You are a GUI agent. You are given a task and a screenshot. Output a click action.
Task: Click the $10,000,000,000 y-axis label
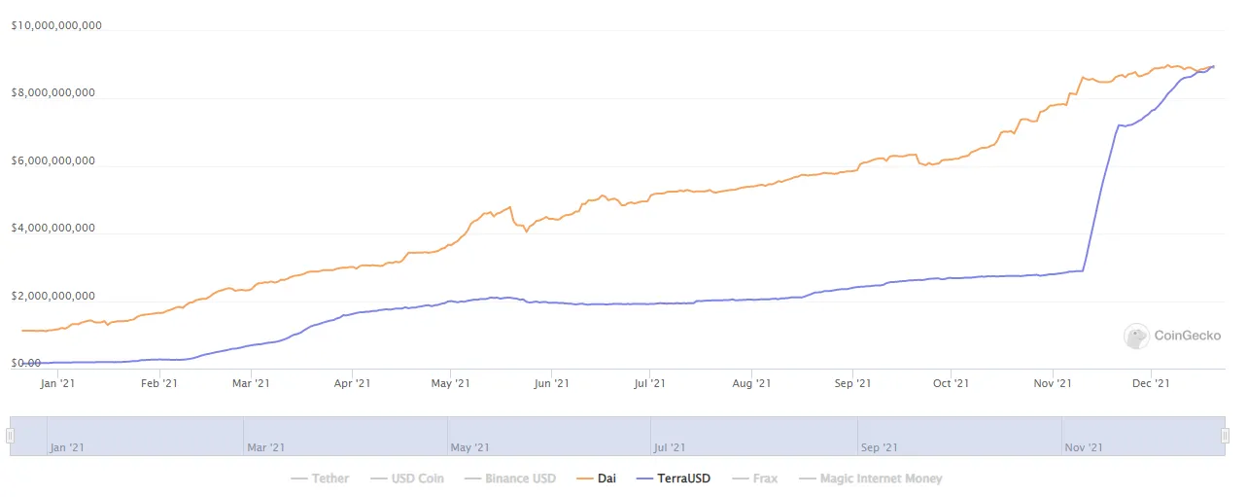pyautogui.click(x=55, y=26)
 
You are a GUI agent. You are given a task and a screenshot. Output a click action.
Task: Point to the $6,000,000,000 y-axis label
pyautogui.click(x=52, y=161)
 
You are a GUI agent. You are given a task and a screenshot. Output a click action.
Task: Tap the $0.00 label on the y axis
pyautogui.click(x=26, y=364)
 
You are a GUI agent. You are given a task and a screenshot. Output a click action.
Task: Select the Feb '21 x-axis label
pyautogui.click(x=158, y=384)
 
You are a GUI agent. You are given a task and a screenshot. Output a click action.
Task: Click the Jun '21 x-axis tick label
pyautogui.click(x=551, y=384)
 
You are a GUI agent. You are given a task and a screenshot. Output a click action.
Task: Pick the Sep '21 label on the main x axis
pyautogui.click(x=851, y=384)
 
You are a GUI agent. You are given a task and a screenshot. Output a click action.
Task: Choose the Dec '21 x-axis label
pyautogui.click(x=1151, y=384)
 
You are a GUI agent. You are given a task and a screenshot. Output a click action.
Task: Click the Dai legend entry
pyautogui.click(x=597, y=479)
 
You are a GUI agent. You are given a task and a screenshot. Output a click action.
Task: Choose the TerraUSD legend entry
pyautogui.click(x=673, y=479)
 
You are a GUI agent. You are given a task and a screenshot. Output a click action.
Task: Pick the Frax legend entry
pyautogui.click(x=756, y=479)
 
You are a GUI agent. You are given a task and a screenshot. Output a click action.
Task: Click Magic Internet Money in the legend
pyautogui.click(x=870, y=479)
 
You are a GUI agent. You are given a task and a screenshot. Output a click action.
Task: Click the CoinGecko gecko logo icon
pyautogui.click(x=1136, y=337)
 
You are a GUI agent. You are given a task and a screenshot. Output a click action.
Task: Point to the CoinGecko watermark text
pyautogui.click(x=1187, y=337)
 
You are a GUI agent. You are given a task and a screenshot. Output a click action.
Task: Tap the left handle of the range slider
pyautogui.click(x=11, y=437)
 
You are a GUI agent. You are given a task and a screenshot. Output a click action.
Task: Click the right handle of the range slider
pyautogui.click(x=1226, y=437)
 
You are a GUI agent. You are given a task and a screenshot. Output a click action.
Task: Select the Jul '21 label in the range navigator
pyautogui.click(x=671, y=447)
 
